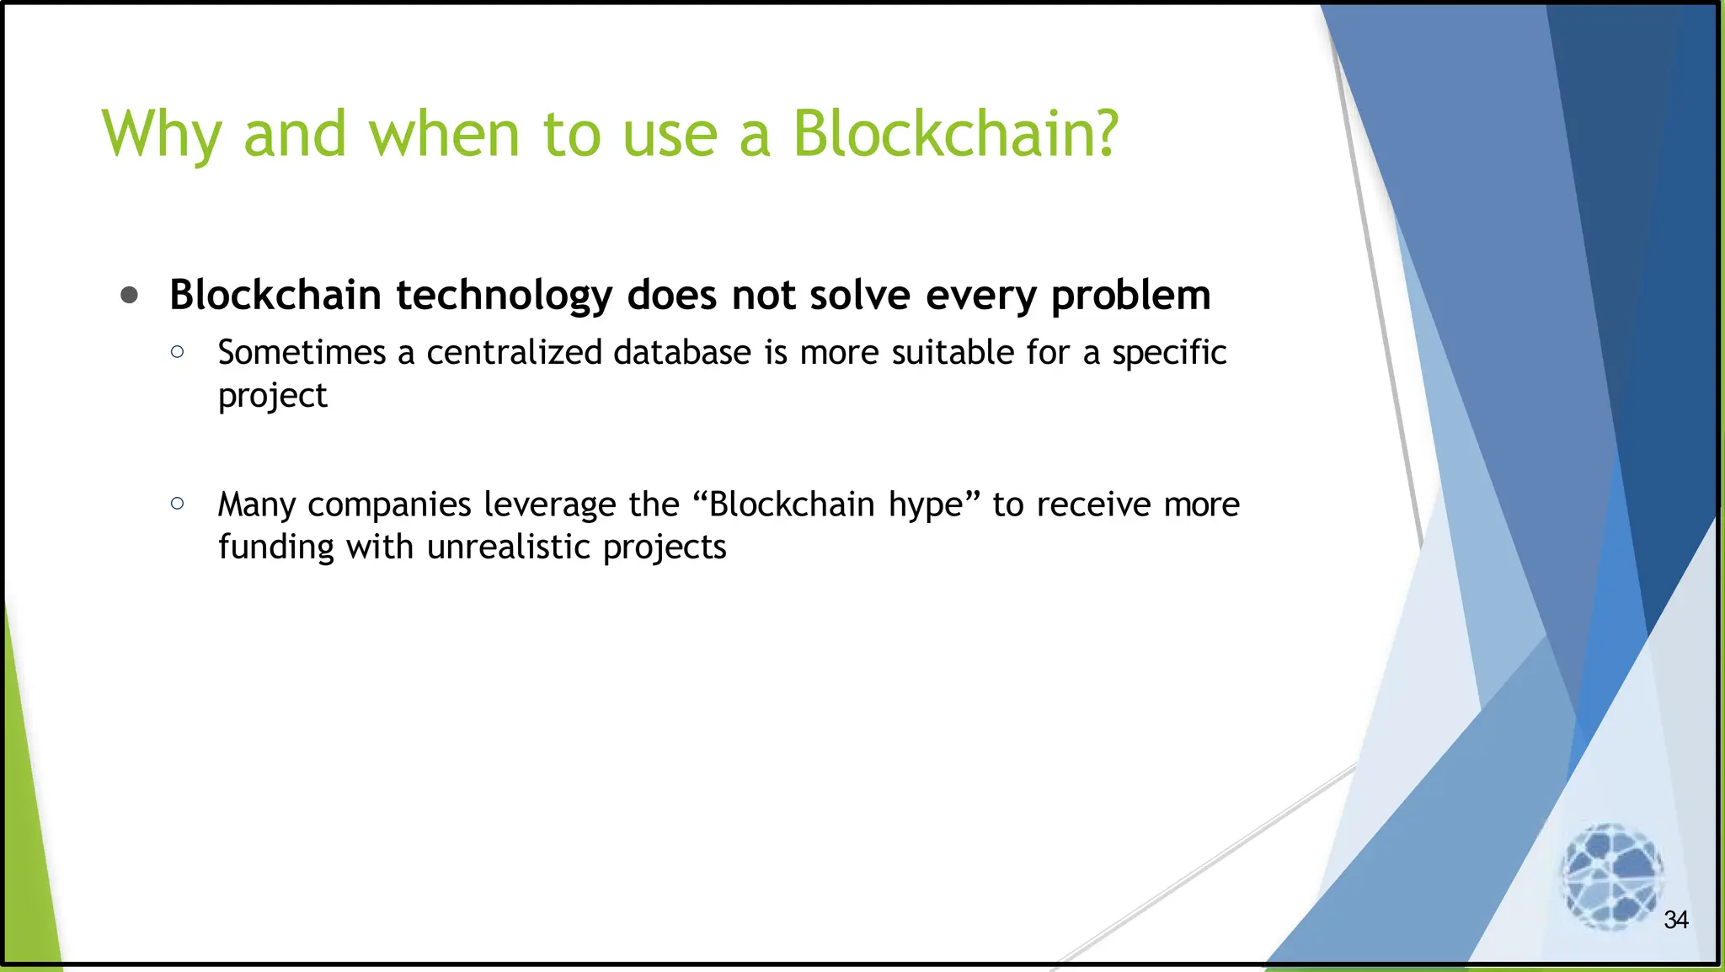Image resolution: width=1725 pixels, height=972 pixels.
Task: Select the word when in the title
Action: tap(444, 134)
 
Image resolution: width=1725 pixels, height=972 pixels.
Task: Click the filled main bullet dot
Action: tap(129, 295)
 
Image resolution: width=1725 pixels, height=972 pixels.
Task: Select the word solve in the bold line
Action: tap(860, 295)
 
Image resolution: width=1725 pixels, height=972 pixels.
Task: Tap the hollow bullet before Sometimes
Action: tap(177, 352)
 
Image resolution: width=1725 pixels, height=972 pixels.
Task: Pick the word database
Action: tap(681, 353)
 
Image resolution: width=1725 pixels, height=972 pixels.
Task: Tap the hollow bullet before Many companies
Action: tap(177, 504)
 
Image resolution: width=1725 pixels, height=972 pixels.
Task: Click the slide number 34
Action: tap(1675, 920)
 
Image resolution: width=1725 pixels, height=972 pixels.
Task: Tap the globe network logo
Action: tap(1610, 876)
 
